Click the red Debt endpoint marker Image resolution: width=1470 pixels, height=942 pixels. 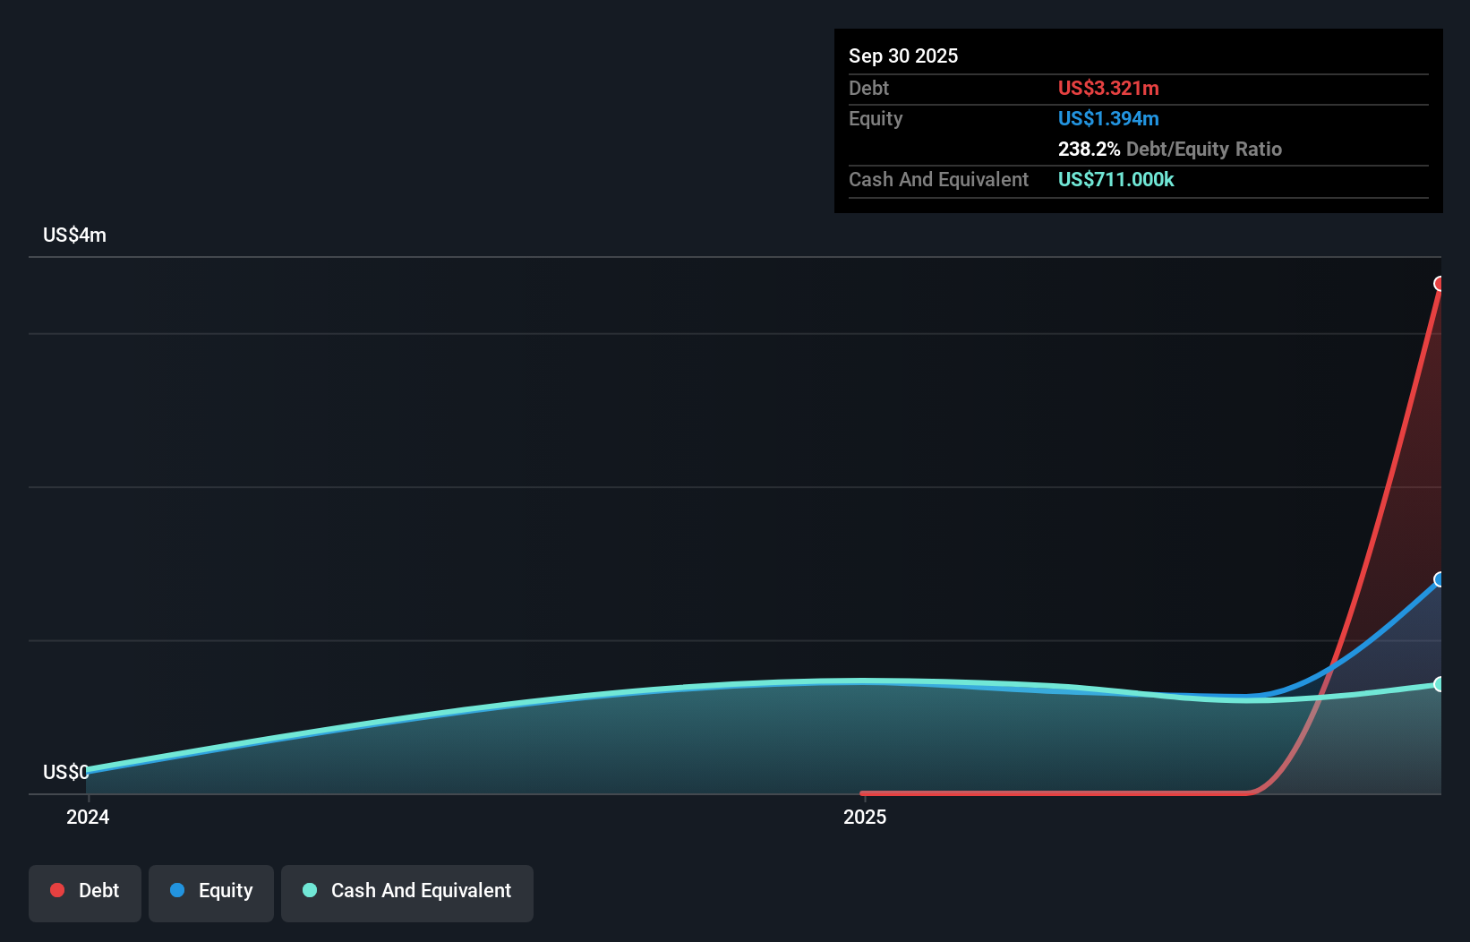(1440, 284)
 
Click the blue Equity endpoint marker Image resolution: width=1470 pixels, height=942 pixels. (1440, 579)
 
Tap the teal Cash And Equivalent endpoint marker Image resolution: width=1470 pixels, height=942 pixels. (1440, 684)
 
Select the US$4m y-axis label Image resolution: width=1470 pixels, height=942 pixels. (74, 235)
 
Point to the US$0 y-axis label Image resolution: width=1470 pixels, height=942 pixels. (65, 772)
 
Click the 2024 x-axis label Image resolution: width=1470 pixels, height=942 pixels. (88, 817)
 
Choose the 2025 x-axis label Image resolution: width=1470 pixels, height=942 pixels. (865, 817)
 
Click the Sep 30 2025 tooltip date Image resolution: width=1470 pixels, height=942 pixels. (903, 56)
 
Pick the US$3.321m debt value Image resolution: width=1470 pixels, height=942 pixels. (1108, 88)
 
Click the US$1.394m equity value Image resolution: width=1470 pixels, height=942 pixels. (1108, 118)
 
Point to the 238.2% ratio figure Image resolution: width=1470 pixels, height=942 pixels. (1089, 149)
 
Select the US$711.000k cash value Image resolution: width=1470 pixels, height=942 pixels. (1115, 179)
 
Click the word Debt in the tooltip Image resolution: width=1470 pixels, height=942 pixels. (868, 88)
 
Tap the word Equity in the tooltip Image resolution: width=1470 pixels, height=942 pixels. (876, 118)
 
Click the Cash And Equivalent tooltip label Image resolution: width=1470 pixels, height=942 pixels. (938, 179)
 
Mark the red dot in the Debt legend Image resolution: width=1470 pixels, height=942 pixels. (57, 890)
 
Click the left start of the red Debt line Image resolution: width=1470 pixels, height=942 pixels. (863, 793)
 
